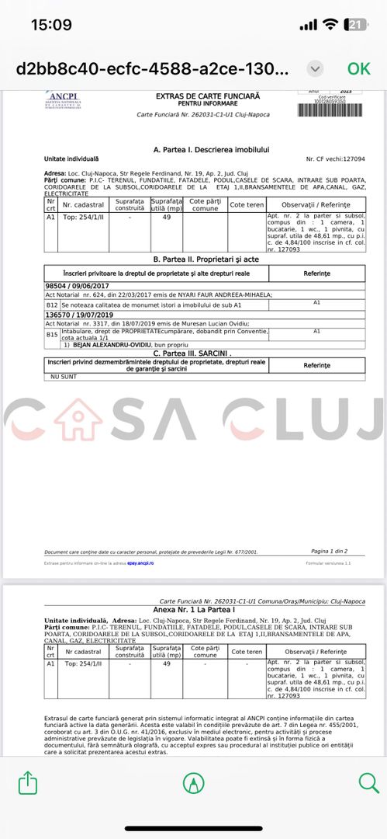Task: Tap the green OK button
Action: (x=358, y=68)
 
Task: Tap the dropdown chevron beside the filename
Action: (x=315, y=68)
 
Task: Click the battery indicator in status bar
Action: (x=356, y=24)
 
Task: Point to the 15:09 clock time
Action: (x=51, y=24)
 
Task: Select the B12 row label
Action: (x=53, y=305)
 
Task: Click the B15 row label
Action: (x=53, y=334)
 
